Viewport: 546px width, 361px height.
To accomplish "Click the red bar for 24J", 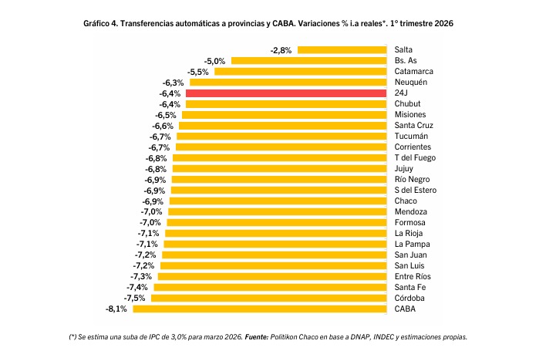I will [285, 93].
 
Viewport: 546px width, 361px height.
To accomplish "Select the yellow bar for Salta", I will [342, 50].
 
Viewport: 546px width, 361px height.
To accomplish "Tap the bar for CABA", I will [259, 309].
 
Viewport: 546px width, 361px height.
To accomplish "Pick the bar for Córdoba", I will [268, 298].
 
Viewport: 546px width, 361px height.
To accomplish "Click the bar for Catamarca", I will [300, 72].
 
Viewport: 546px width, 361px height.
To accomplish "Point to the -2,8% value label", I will [281, 50].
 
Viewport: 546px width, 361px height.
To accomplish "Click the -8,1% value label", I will [116, 309].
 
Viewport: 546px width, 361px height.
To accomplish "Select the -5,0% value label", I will [214, 61].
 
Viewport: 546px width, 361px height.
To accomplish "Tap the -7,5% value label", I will [134, 298].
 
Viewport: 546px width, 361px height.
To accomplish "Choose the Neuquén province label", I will [410, 83].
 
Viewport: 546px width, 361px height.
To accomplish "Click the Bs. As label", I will [406, 61].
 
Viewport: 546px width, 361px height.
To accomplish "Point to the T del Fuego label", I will [415, 158].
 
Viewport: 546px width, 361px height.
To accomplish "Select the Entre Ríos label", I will [413, 276].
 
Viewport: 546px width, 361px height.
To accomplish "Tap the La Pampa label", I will [411, 244].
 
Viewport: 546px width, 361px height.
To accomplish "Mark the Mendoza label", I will [410, 211].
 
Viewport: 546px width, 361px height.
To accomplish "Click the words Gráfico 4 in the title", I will [100, 24].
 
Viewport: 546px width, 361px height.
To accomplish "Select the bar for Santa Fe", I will [270, 287].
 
